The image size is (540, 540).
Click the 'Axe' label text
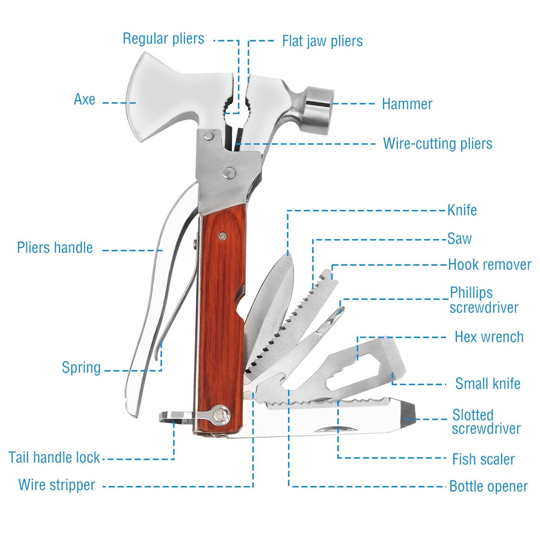point(85,99)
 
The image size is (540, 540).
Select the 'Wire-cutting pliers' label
point(437,144)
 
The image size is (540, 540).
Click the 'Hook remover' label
point(489,265)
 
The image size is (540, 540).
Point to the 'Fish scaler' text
point(483,459)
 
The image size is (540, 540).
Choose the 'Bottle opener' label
point(488,486)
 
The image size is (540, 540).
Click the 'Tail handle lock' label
point(54,458)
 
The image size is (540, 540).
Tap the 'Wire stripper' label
point(57,485)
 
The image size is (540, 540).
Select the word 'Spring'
point(81,368)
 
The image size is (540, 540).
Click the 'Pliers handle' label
point(55,248)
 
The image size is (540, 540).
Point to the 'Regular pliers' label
point(163,39)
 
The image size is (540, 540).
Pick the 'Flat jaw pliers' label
point(322,41)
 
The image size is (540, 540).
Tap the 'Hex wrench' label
point(489,337)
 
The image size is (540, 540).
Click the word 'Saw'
point(459,239)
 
